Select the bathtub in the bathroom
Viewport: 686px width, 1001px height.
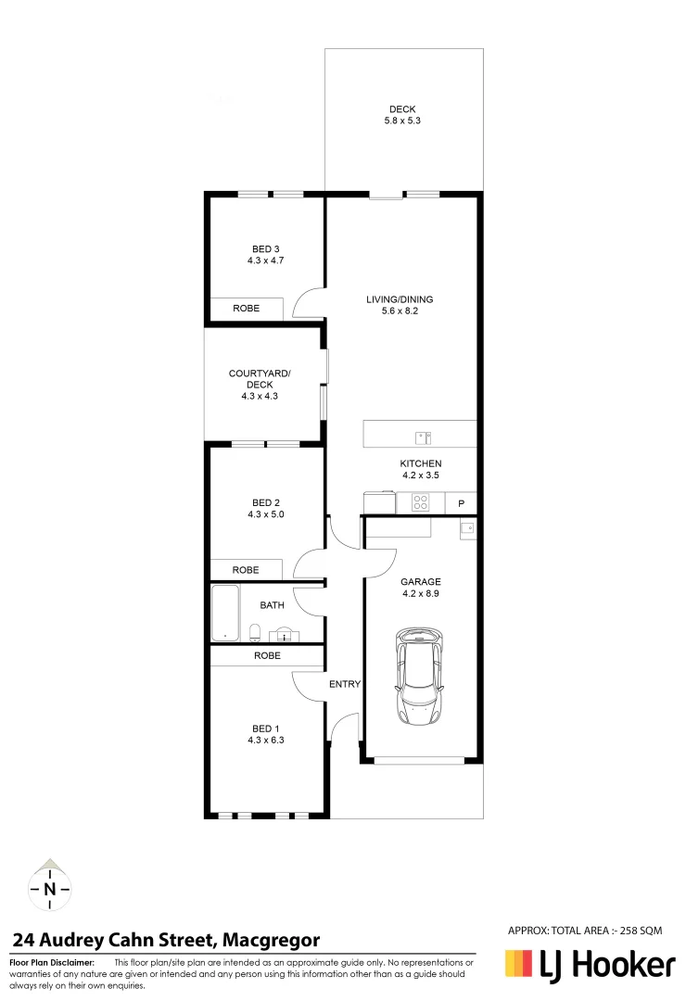(225, 613)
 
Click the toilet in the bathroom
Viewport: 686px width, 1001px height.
(255, 633)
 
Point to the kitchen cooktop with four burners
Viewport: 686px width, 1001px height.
(420, 503)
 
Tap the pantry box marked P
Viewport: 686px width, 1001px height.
(461, 503)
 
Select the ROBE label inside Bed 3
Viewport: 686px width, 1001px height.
(246, 308)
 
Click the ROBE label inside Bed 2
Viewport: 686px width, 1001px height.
(246, 570)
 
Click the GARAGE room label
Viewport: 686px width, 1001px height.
(420, 582)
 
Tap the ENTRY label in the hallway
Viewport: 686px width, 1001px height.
(344, 684)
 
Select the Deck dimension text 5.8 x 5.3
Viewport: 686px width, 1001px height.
(402, 121)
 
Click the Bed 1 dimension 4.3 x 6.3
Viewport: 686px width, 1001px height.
(265, 740)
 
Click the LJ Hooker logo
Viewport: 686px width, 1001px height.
(590, 966)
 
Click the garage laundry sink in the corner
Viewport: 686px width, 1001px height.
(467, 528)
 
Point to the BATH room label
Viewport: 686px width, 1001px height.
(272, 605)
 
